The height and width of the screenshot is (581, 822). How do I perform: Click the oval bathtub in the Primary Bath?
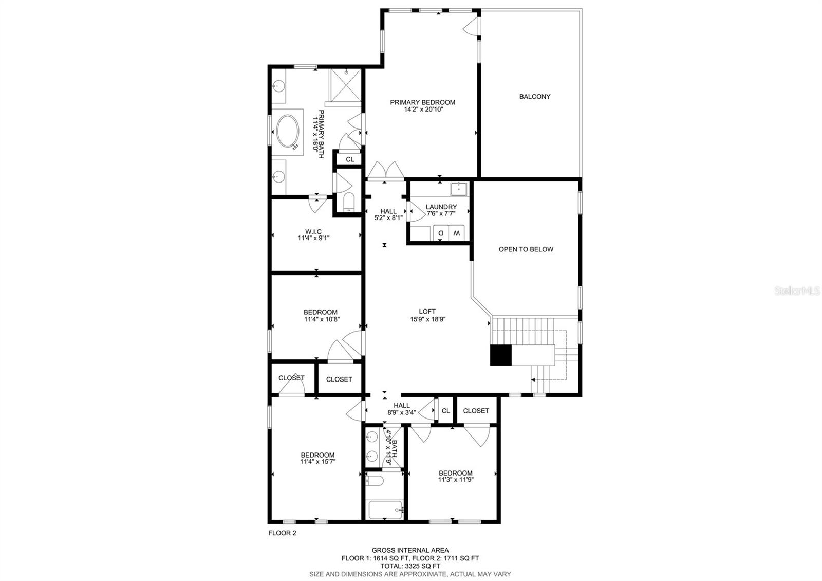coord(287,132)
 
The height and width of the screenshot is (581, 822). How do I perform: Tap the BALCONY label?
coord(534,97)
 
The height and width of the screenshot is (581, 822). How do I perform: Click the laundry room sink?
coord(458,189)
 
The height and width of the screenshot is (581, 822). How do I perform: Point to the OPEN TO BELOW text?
coord(526,249)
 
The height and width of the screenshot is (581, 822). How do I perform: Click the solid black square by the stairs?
coord(500,355)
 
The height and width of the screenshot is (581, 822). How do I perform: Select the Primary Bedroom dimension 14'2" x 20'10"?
coord(423,110)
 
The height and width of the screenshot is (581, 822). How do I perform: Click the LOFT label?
coord(427,311)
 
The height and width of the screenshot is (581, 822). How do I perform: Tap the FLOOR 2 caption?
coord(282,533)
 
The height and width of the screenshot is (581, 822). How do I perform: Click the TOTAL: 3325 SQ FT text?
coord(410,566)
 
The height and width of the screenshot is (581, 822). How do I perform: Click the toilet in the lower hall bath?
coord(375,481)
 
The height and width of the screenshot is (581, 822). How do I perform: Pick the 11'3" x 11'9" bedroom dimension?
coord(455,480)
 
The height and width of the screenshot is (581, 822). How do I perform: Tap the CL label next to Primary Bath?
coord(350,159)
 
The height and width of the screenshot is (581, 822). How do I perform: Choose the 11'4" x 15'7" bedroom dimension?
coord(317,462)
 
